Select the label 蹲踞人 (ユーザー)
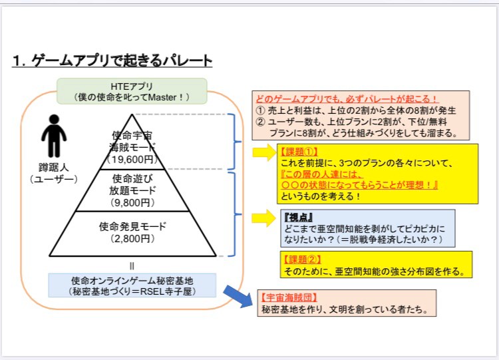click(54, 173)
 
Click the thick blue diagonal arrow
click(237, 295)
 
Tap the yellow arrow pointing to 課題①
click(263, 153)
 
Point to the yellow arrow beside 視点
click(263, 217)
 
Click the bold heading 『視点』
click(298, 217)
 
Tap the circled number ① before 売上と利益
click(261, 110)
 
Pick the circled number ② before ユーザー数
click(261, 121)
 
